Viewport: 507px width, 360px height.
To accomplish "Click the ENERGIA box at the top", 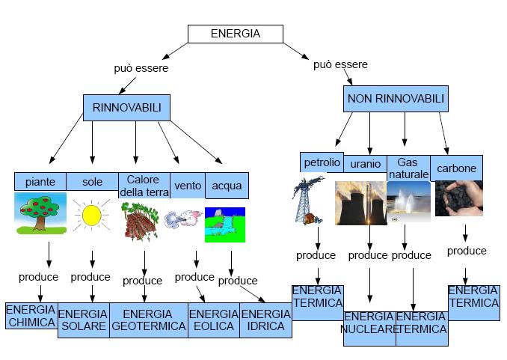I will point(235,34).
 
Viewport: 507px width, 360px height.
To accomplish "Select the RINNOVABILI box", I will point(126,108).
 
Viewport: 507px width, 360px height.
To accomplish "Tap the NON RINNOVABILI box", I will point(396,99).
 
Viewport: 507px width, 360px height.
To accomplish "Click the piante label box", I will point(40,182).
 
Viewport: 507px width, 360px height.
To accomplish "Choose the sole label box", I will point(92,182).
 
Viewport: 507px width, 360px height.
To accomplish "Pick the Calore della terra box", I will point(142,184).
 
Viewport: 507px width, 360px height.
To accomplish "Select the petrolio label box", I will point(322,162).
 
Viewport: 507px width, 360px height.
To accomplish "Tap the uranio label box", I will point(365,163).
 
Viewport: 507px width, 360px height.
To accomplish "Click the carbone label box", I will point(457,168).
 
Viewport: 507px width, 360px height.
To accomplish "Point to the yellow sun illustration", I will point(91,216).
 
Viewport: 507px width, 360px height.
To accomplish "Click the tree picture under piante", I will point(40,213).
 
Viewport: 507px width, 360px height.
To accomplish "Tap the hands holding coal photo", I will point(458,198).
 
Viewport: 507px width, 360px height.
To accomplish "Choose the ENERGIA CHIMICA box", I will point(31,316).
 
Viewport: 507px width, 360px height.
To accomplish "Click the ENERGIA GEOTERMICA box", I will point(148,320).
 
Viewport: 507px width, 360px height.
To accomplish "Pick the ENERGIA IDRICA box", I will point(265,320).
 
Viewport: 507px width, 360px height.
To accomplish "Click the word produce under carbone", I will point(467,251).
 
